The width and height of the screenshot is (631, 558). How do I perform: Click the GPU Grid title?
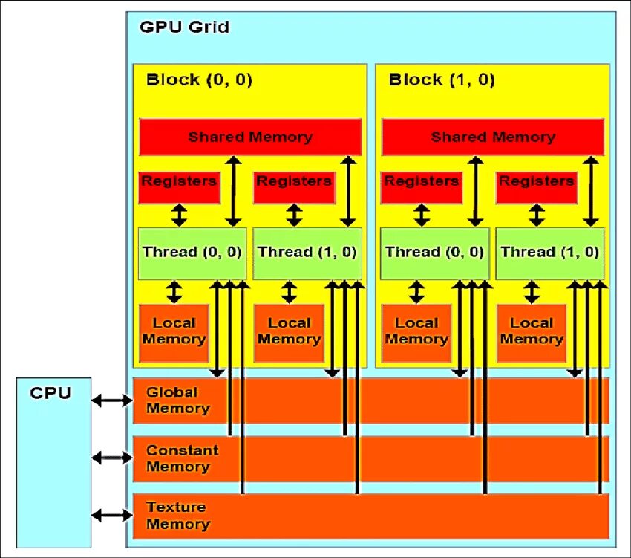184,27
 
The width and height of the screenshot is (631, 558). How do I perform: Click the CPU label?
50,393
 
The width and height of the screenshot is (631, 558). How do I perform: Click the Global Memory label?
178,400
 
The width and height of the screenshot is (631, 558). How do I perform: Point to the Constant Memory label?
183,458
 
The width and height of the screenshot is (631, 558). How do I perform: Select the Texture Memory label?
178,516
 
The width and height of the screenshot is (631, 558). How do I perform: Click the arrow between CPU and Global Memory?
112,400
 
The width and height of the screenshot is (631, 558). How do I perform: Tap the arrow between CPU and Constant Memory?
112,458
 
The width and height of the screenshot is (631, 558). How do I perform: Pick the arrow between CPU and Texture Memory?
112,515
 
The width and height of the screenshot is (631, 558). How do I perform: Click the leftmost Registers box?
179,187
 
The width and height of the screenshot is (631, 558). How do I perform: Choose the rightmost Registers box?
537,187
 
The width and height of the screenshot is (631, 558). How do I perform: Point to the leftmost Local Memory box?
174,333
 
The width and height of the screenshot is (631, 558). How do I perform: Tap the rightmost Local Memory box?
532,333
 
